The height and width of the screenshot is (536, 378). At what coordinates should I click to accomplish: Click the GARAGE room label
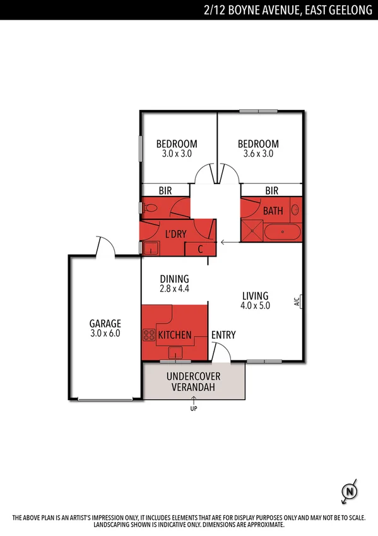point(105,324)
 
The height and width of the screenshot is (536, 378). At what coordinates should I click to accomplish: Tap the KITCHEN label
point(175,334)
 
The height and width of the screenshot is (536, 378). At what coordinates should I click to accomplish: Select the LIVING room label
point(256,295)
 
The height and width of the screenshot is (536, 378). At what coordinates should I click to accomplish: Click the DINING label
point(174,279)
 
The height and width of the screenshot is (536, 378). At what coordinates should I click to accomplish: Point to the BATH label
point(273,211)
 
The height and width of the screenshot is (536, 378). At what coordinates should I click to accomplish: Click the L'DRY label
point(175,234)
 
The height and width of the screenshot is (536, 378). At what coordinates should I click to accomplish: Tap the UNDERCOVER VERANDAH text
point(194,381)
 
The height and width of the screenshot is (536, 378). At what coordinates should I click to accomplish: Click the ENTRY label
point(223,334)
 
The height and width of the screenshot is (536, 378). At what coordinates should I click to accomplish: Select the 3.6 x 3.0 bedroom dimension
point(258,154)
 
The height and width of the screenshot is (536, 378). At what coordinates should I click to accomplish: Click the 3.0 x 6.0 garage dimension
point(105,333)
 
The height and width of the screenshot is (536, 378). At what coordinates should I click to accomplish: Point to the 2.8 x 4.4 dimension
point(174,288)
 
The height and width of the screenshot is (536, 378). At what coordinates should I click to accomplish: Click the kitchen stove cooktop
point(150,334)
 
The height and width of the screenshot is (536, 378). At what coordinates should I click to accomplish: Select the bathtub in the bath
point(281,232)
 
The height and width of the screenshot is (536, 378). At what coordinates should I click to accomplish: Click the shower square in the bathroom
point(252,231)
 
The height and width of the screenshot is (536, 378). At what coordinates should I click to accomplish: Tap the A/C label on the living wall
point(297,301)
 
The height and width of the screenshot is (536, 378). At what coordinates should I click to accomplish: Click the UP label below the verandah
point(193,408)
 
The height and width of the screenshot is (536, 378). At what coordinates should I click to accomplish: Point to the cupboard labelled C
point(200,248)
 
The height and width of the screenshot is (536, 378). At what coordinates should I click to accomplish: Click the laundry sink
point(151,247)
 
